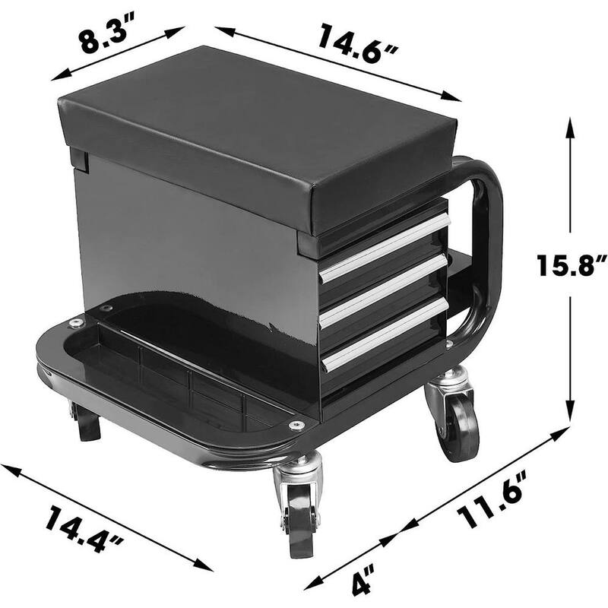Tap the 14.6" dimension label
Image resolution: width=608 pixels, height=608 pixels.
pos(357,43)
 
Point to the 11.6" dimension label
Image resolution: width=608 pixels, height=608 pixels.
pos(492,499)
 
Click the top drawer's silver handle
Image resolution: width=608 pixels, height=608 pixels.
pos(385,248)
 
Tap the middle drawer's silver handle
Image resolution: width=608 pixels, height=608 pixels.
pos(385,292)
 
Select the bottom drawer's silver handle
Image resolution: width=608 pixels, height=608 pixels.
pos(386,335)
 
